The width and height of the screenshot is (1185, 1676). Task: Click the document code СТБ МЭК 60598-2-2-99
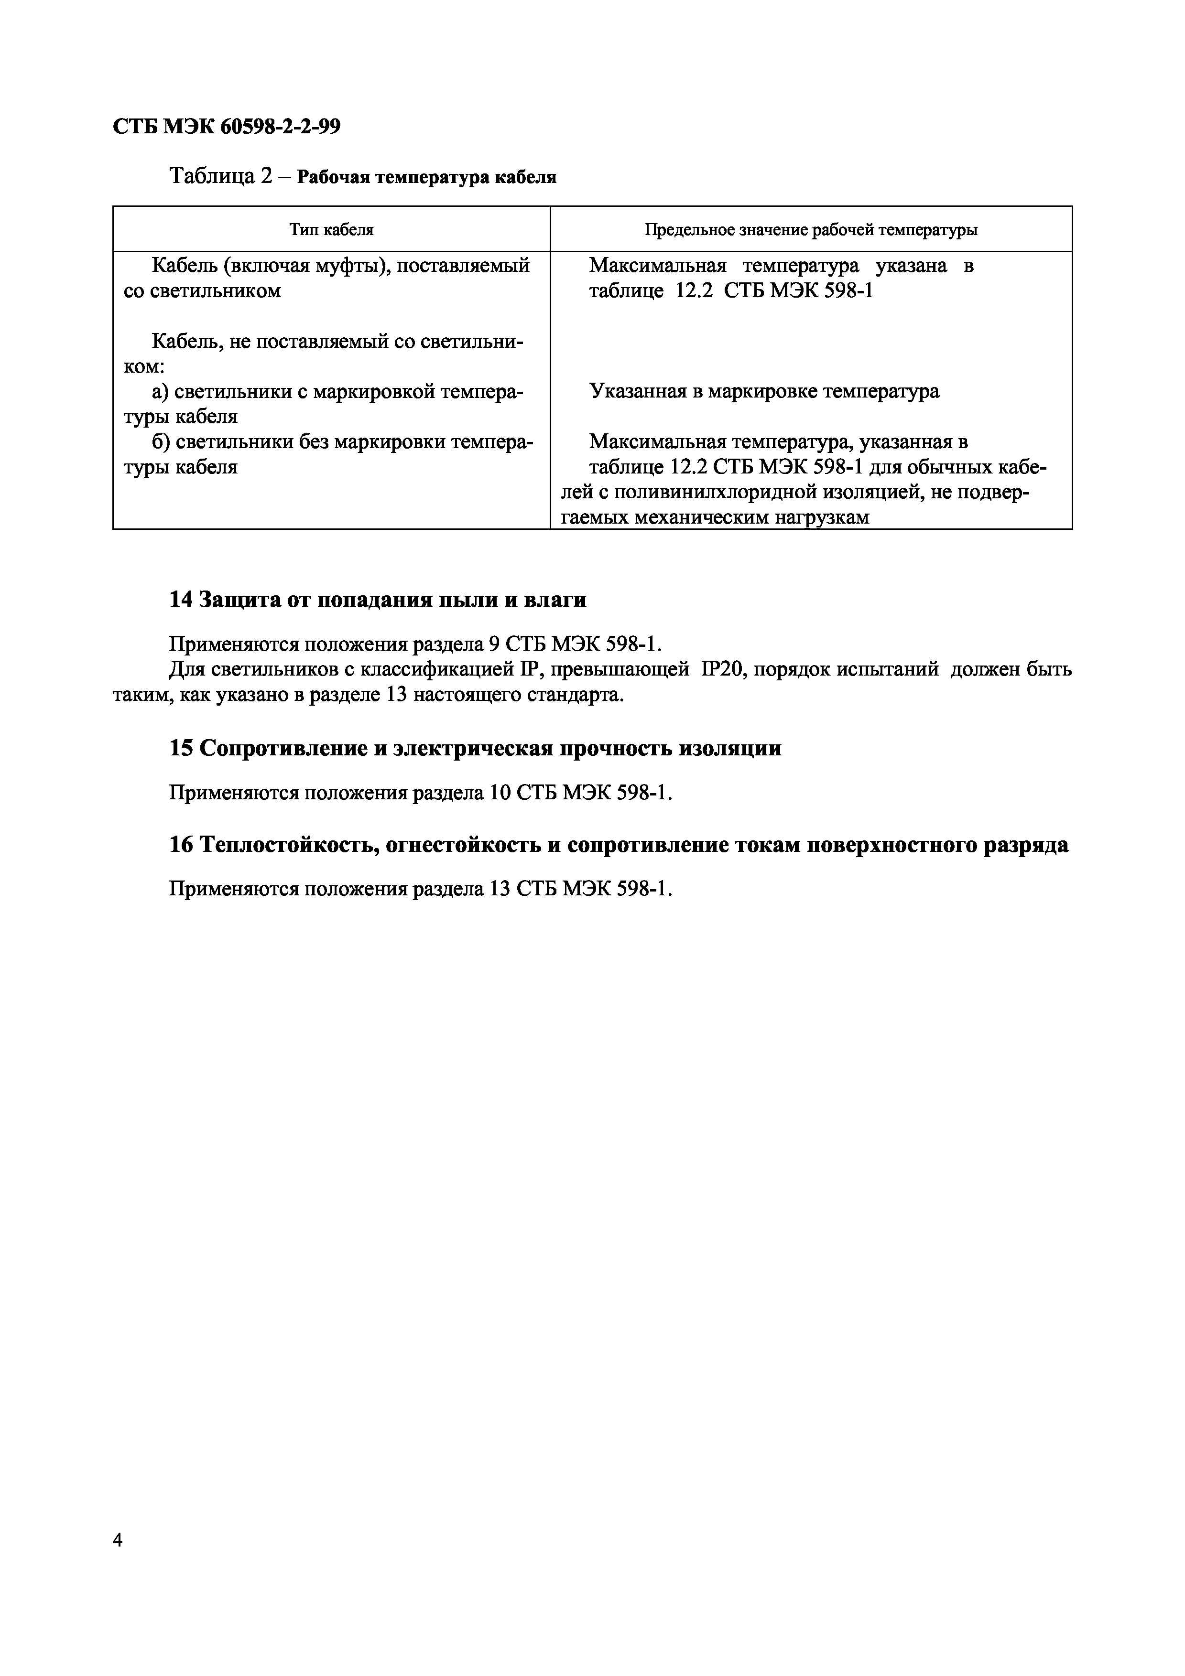226,127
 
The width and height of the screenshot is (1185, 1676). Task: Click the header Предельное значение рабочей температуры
810,230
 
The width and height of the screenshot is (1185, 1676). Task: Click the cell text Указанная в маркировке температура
764,391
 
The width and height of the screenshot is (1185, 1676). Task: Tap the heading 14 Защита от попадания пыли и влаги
378,599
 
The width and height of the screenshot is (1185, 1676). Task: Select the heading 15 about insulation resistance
475,748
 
